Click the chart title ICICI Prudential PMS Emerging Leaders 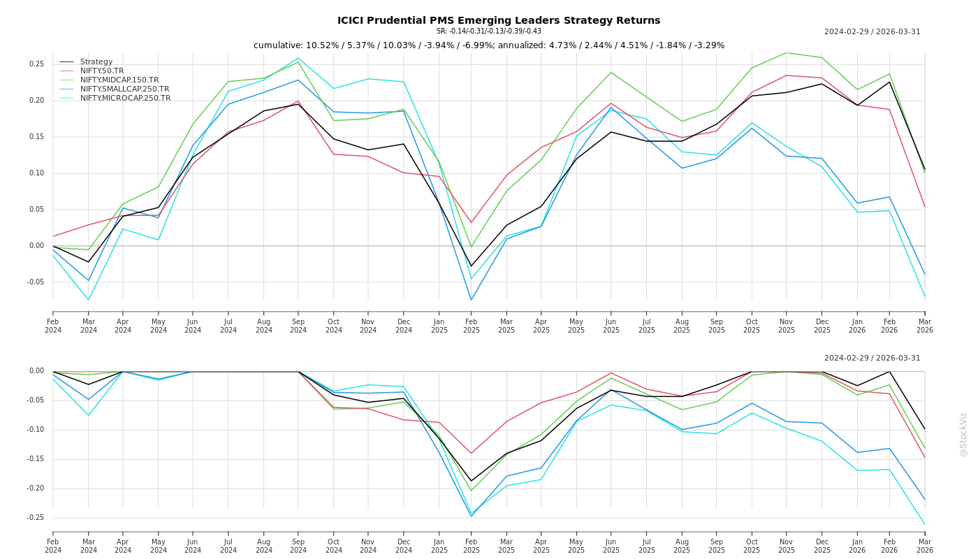click(498, 20)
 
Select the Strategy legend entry click(96, 62)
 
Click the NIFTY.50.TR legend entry click(101, 71)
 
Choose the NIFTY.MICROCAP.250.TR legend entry click(125, 99)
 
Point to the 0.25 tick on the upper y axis click(36, 64)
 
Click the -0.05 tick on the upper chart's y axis click(34, 282)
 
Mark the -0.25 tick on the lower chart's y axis click(34, 518)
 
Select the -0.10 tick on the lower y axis click(34, 430)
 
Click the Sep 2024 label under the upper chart click(298, 326)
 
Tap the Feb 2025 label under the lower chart click(472, 546)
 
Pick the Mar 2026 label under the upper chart click(925, 326)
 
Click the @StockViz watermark click(963, 434)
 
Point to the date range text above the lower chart click(872, 358)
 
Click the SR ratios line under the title click(488, 31)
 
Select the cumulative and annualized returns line click(488, 45)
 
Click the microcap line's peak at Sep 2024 click(298, 58)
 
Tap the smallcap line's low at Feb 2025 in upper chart click(472, 300)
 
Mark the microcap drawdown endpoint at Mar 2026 click(925, 524)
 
